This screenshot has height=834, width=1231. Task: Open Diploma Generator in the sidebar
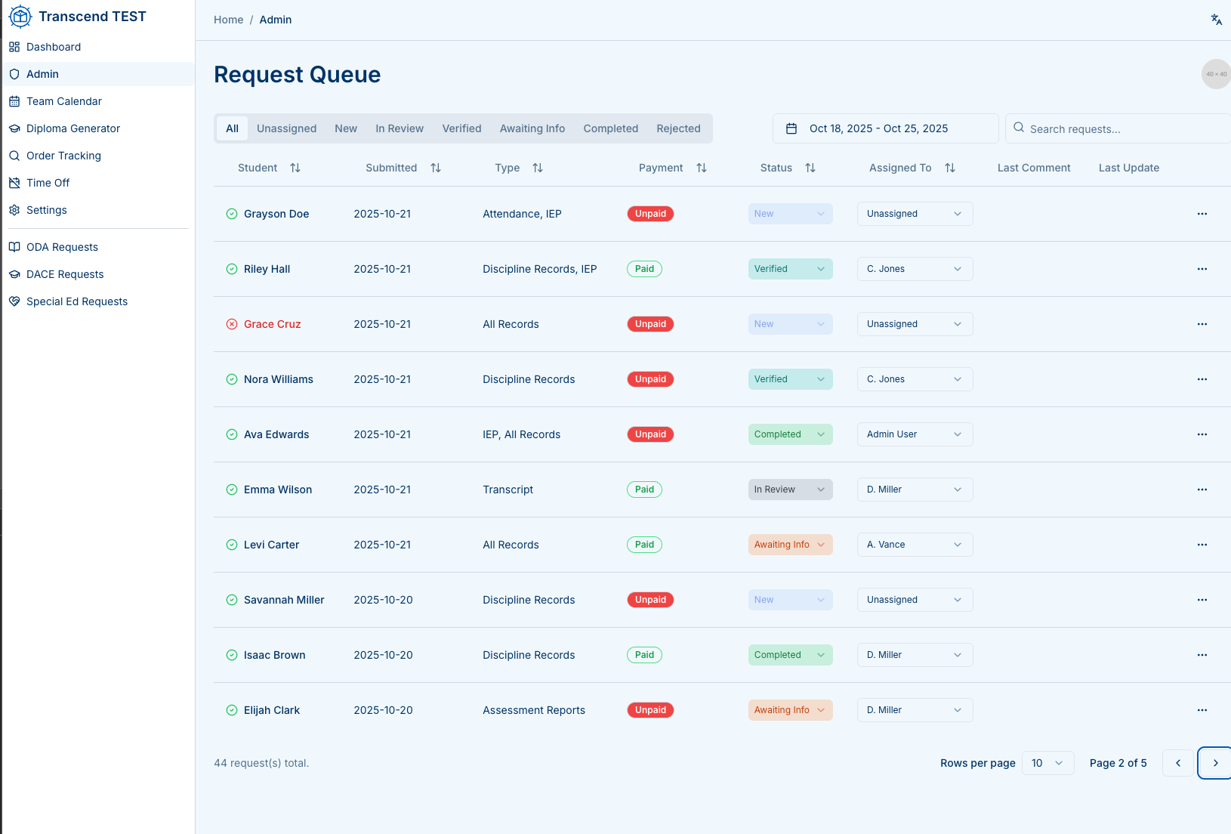pyautogui.click(x=73, y=128)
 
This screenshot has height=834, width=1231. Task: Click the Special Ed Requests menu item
pyautogui.click(x=76, y=301)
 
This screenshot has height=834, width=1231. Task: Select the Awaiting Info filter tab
pyautogui.click(x=532, y=128)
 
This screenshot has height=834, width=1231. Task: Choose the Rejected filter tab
pyautogui.click(x=678, y=128)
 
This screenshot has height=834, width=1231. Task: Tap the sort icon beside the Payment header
pyautogui.click(x=702, y=168)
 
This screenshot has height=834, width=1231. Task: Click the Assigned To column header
pyautogui.click(x=900, y=168)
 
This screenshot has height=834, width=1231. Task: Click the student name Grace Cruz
pyautogui.click(x=272, y=324)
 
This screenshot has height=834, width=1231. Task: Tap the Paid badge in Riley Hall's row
pyautogui.click(x=644, y=269)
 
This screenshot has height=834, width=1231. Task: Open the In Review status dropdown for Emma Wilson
pyautogui.click(x=790, y=490)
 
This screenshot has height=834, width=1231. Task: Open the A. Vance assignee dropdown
pyautogui.click(x=915, y=545)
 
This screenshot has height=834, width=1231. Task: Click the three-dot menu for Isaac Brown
pyautogui.click(x=1202, y=655)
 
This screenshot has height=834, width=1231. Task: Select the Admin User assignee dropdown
pyautogui.click(x=915, y=434)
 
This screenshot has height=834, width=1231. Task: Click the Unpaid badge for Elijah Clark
pyautogui.click(x=650, y=710)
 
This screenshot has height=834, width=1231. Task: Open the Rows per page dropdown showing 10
pyautogui.click(x=1047, y=763)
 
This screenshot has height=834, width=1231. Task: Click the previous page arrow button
pyautogui.click(x=1178, y=763)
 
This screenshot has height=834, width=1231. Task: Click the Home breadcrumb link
pyautogui.click(x=228, y=20)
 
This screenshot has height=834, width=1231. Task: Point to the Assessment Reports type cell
pyautogui.click(x=534, y=710)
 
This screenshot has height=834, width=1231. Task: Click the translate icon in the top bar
pyautogui.click(x=1216, y=20)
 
